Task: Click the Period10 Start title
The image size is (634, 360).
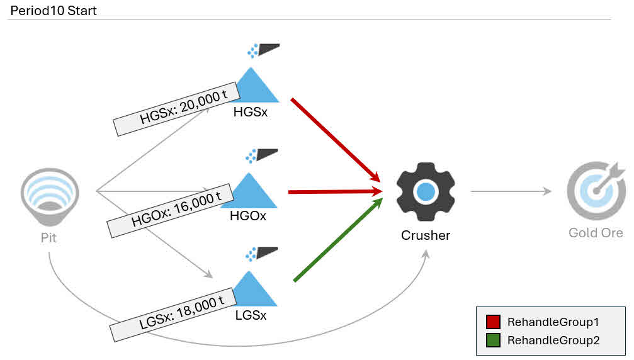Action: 54,11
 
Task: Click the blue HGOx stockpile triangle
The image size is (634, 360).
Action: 254,192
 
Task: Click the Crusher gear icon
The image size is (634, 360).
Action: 426,191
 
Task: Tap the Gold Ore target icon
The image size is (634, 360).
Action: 595,191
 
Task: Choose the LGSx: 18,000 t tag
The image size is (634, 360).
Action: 173,313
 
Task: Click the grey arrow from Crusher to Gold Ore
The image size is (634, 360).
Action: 511,191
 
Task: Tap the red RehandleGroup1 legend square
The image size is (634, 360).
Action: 493,322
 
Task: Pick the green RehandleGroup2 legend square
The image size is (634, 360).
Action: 493,340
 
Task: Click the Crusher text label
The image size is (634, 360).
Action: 426,235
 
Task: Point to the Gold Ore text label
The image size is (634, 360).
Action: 596,233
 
